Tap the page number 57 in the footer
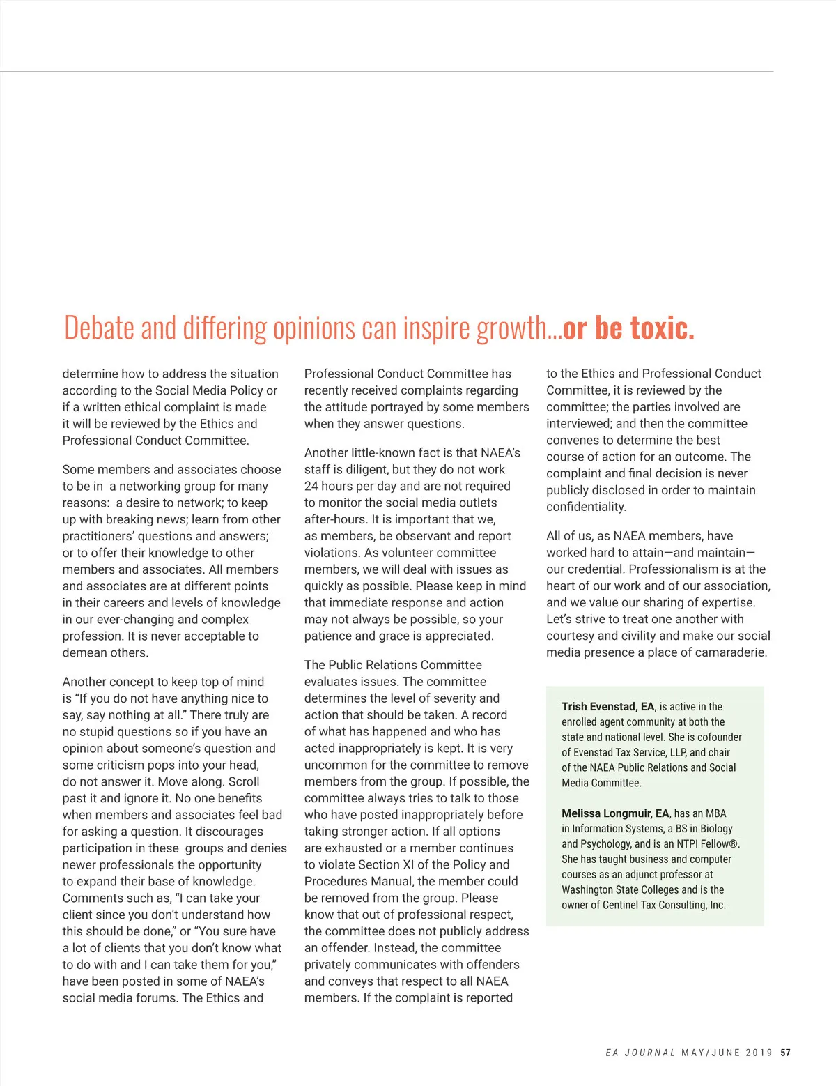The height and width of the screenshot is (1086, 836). (786, 1053)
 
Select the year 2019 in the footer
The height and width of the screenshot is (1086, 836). (759, 1053)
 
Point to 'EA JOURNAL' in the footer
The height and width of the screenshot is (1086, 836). (640, 1053)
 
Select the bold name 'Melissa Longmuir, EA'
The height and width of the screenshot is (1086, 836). (615, 813)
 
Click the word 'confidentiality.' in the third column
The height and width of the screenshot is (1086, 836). (586, 507)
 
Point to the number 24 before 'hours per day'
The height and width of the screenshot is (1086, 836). (311, 486)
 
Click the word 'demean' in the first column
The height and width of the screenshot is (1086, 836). (84, 652)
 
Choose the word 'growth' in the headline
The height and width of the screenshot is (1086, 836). (512, 328)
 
